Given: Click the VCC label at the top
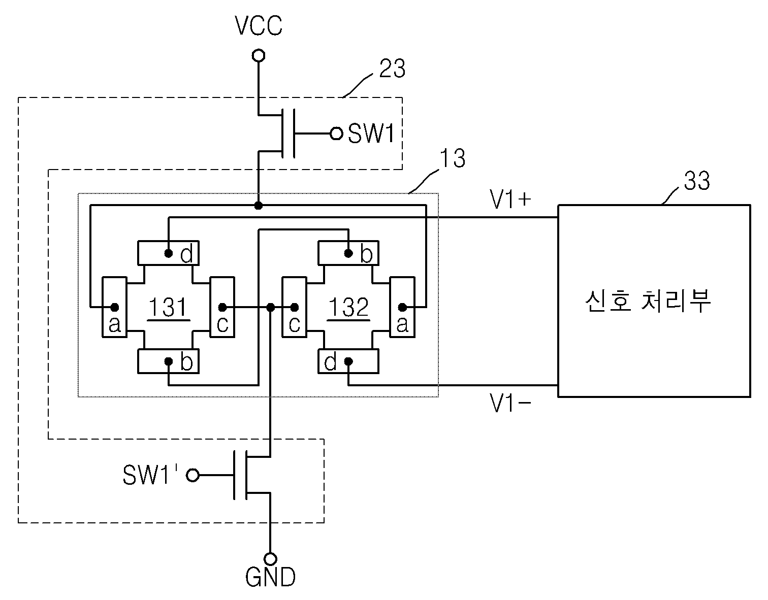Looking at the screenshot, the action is tap(259, 25).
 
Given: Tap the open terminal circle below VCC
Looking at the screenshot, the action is tap(259, 55).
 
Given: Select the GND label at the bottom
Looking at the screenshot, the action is tap(270, 577).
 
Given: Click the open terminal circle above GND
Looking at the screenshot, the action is tap(270, 559).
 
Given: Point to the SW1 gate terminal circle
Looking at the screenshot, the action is tap(336, 134).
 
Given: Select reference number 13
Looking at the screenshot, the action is tap(453, 158).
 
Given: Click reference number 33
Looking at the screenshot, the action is tap(697, 181).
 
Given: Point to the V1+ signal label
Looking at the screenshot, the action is tap(510, 199).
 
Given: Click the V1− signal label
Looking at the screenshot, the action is tap(510, 403).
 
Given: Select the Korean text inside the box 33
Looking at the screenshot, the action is tap(648, 301).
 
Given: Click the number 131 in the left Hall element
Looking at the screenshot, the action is tap(168, 307).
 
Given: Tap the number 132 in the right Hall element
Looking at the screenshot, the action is tap(348, 307).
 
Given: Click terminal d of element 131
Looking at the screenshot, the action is tap(168, 253).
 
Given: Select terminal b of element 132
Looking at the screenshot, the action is tap(348, 253).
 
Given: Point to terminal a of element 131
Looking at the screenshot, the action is tap(114, 307).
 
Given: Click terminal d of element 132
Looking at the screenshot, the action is tap(348, 361).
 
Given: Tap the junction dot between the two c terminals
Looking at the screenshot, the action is tap(270, 307).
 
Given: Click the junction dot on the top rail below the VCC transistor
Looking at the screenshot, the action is tap(259, 205).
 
